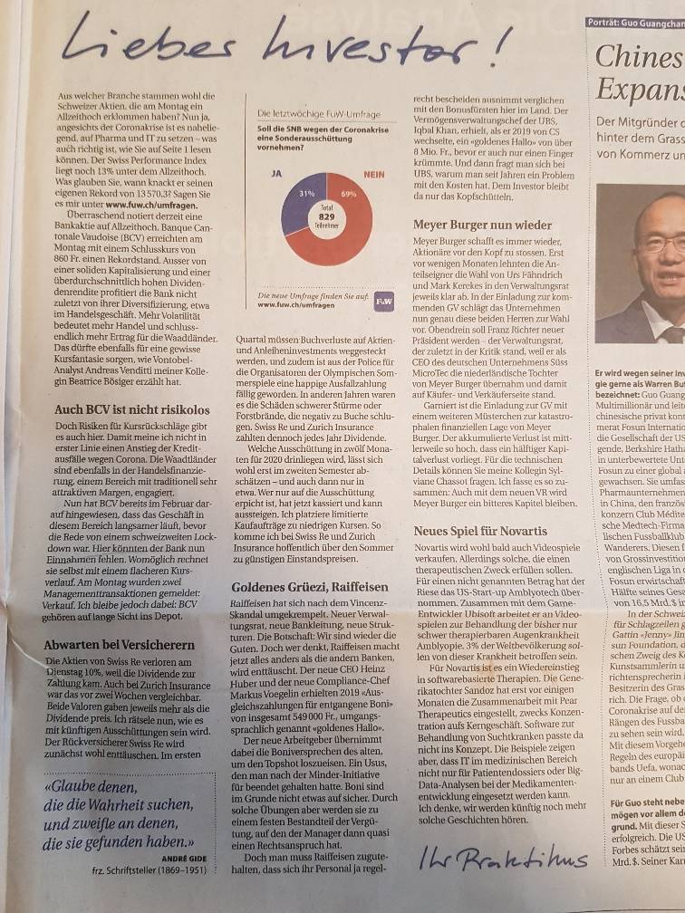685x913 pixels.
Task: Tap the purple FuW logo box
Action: pos(382,298)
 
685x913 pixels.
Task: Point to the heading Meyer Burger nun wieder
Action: pos(481,223)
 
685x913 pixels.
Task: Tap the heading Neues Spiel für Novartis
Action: pos(479,530)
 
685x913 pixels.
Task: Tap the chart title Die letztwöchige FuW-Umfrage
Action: pos(313,114)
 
